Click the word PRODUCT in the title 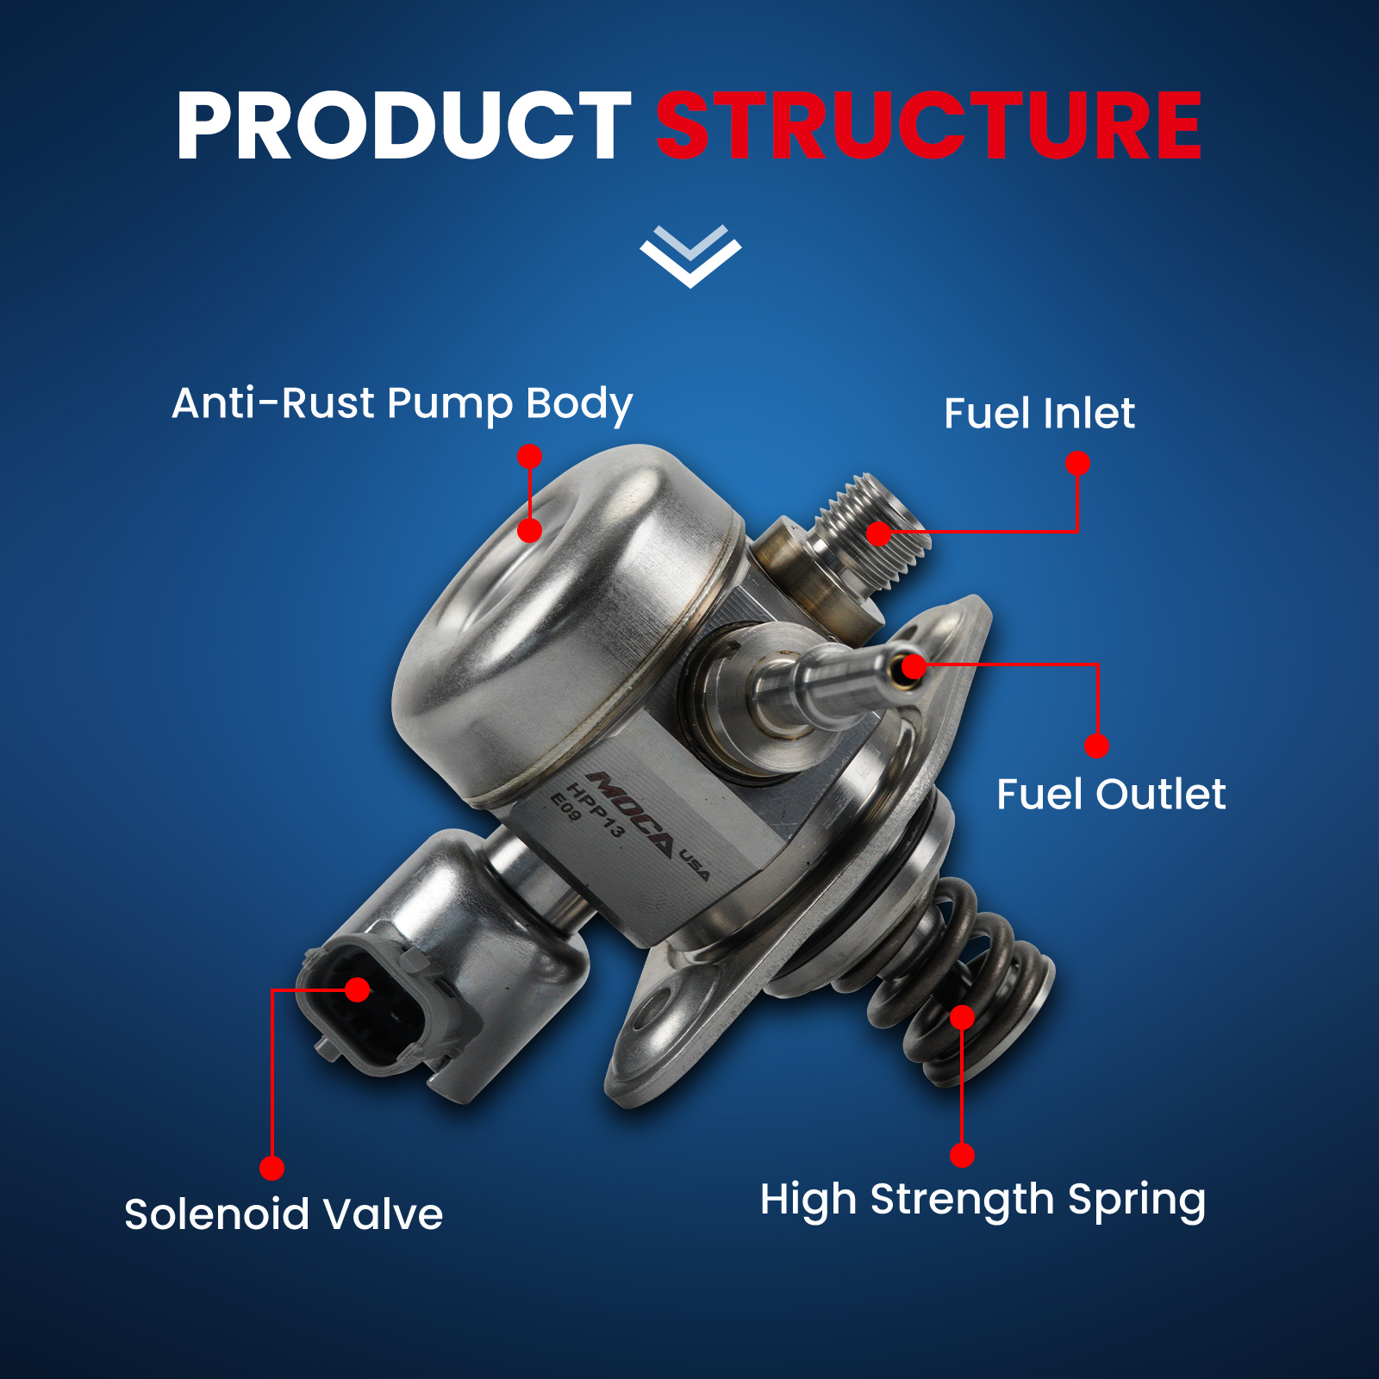pos(403,126)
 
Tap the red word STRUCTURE pos(929,126)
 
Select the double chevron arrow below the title pos(690,256)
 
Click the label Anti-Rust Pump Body pos(402,403)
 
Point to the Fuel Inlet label pos(1039,413)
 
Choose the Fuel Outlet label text pos(1111,794)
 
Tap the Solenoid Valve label pos(284,1214)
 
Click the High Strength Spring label pos(983,1201)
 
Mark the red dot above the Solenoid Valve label pos(271,1168)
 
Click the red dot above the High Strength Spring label pos(962,1156)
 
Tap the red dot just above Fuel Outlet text pos(1096,746)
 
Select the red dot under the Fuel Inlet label pos(1077,464)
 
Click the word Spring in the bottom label pos(1137,1201)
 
